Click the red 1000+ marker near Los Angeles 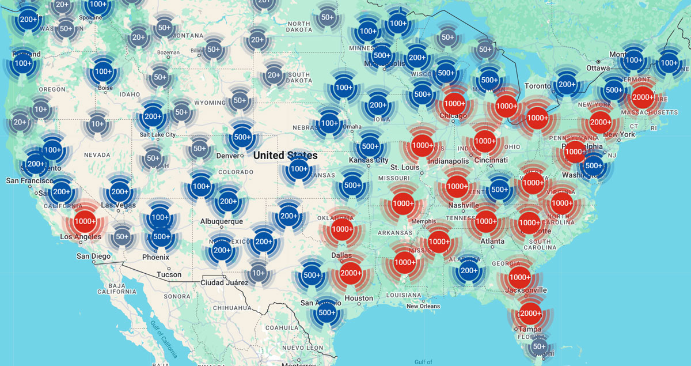click(x=85, y=221)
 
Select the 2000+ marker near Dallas click(x=351, y=273)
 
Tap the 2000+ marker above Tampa click(x=530, y=314)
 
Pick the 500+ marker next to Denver click(x=241, y=138)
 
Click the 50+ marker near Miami click(x=539, y=346)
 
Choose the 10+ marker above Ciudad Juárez click(x=259, y=273)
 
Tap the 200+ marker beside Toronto click(x=567, y=85)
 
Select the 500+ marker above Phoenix click(x=162, y=236)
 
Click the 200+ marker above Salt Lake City click(x=153, y=116)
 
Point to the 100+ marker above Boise click(x=103, y=71)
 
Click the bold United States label click(x=285, y=155)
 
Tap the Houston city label click(x=359, y=298)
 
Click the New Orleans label click(x=423, y=306)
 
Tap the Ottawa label click(x=598, y=68)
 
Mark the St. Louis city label click(x=403, y=167)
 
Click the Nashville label click(x=464, y=205)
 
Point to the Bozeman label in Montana click(x=168, y=52)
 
